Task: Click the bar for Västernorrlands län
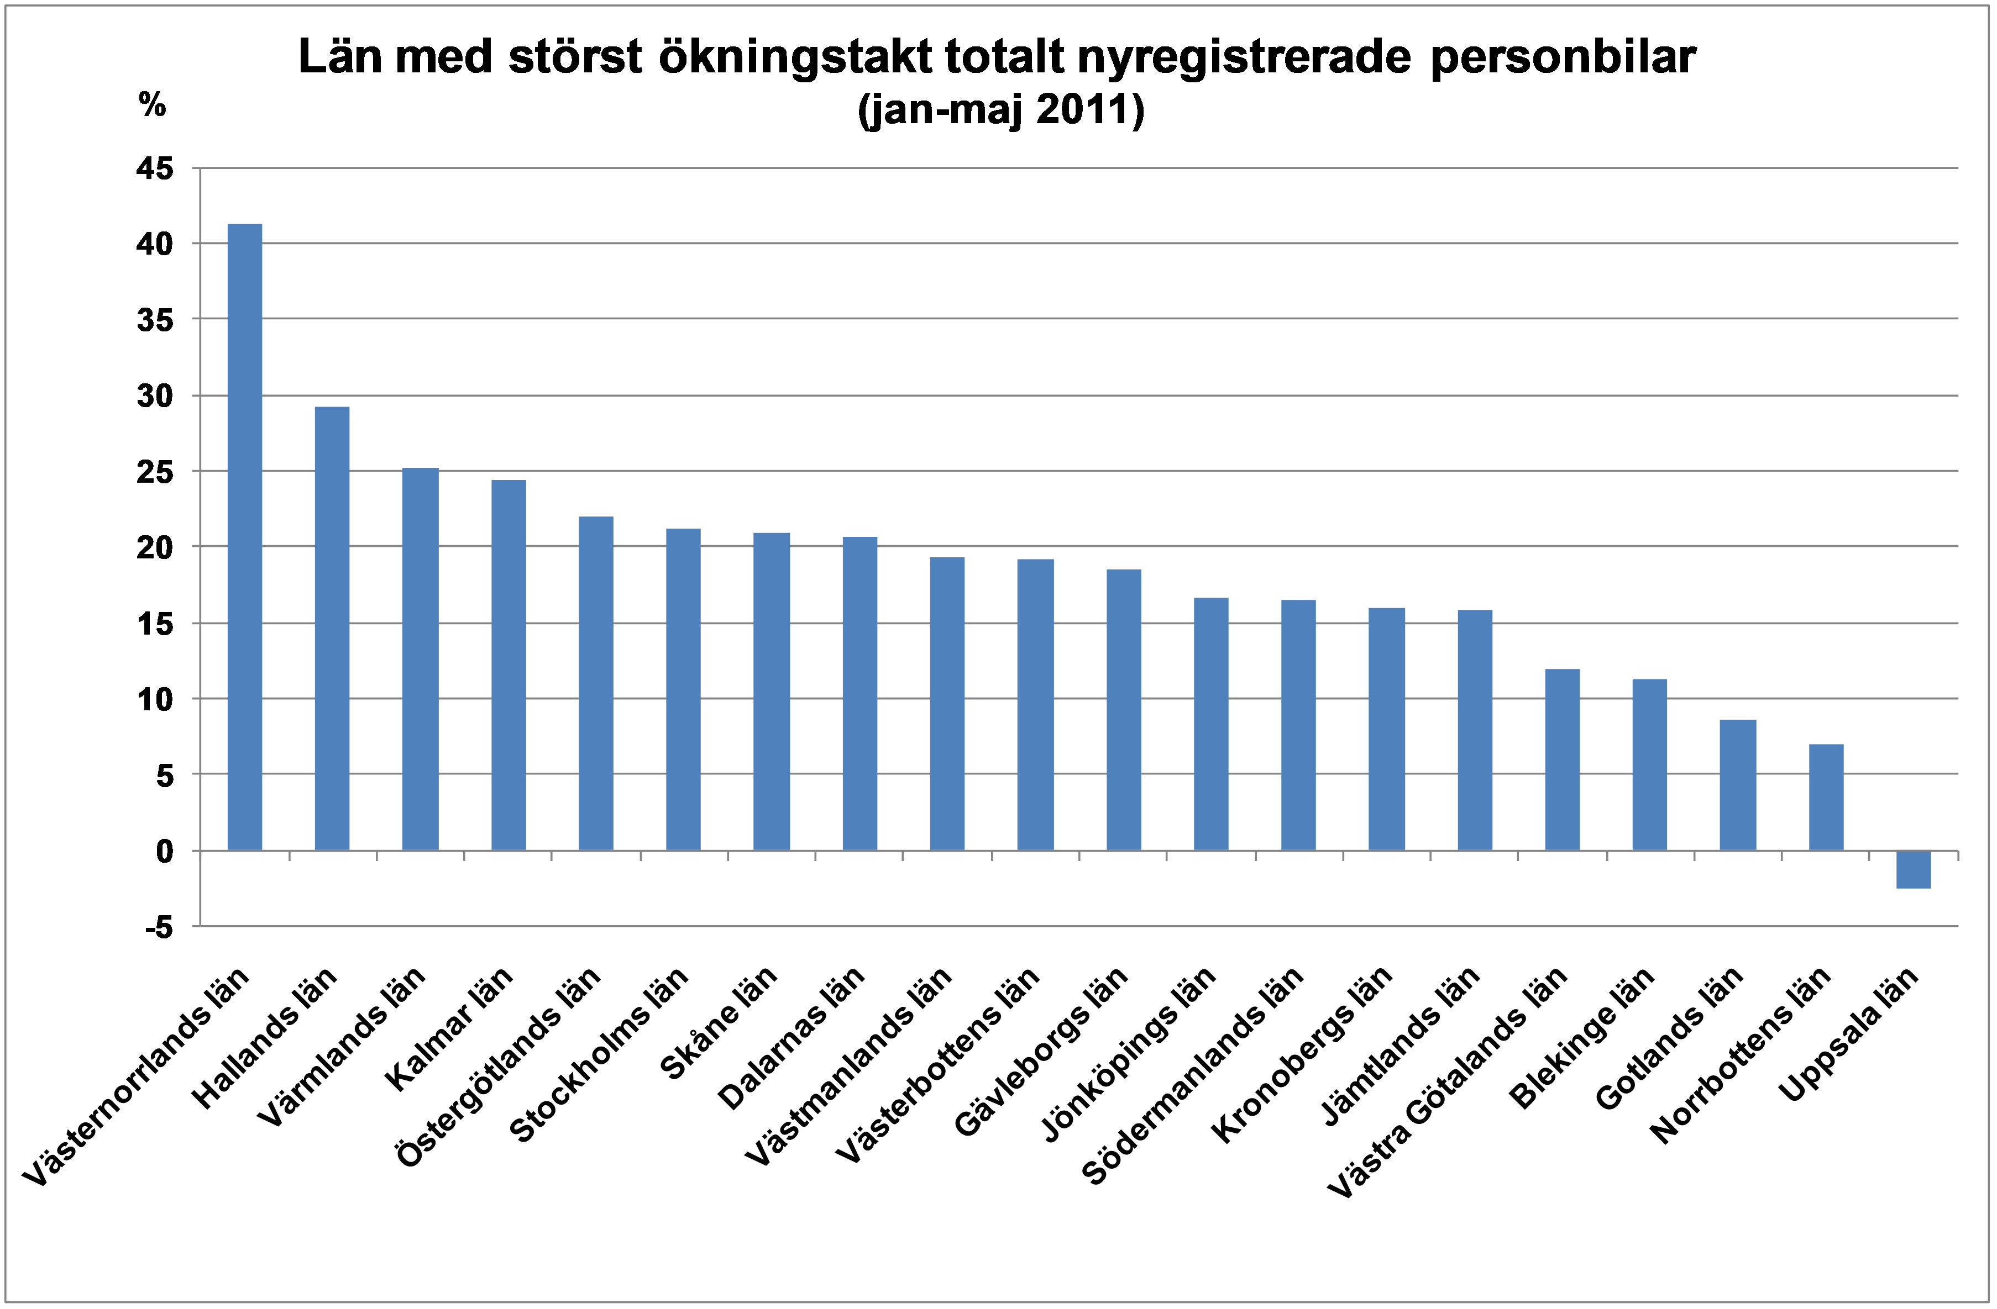(244, 537)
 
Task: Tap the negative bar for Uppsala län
(1913, 869)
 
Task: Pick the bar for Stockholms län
(683, 689)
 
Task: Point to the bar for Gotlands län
(1738, 785)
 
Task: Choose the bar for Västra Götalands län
(1563, 760)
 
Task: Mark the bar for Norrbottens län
(1826, 796)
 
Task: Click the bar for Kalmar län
(509, 665)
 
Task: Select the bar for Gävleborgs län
(1124, 709)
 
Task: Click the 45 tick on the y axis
(155, 168)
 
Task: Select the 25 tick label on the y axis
(155, 472)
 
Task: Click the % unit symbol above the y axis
(152, 105)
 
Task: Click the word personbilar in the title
(1563, 59)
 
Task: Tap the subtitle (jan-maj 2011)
(1001, 110)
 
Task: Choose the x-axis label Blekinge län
(1582, 1037)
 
